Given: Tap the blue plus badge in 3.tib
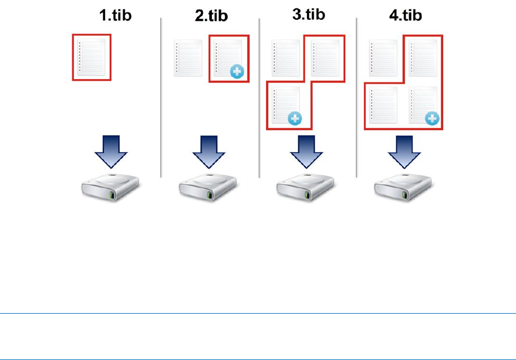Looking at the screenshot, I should [294, 118].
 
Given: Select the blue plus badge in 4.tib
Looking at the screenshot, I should [432, 118].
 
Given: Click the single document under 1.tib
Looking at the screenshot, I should [92, 56].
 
